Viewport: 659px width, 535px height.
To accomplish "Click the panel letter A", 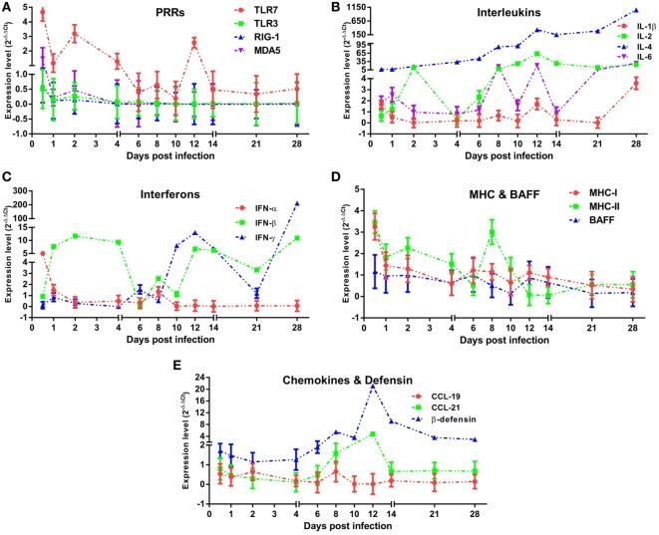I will (9, 8).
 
